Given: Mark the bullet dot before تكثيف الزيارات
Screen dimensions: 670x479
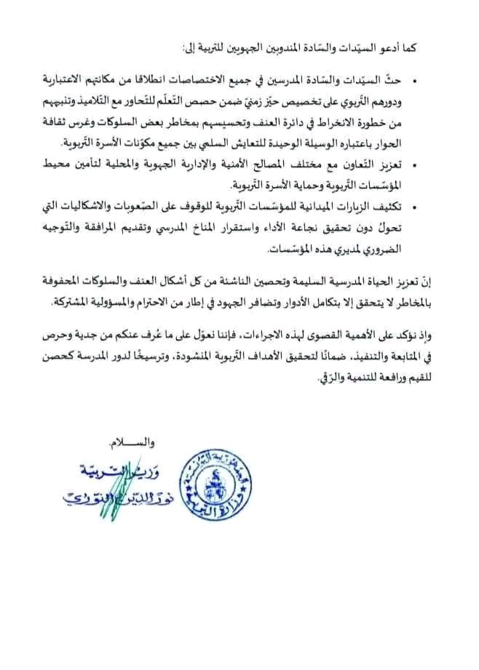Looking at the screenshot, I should pos(416,202).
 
